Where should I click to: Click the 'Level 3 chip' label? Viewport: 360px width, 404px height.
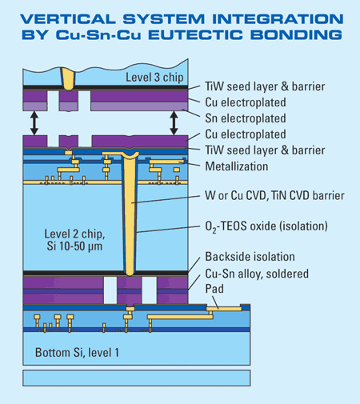point(154,78)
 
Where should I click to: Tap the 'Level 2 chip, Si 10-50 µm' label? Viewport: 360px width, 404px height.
point(74,240)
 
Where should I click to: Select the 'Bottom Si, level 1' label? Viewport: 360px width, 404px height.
point(77,353)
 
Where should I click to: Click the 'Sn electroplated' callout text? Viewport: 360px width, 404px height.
point(246,118)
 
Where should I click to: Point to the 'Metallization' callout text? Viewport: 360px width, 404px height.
point(237,166)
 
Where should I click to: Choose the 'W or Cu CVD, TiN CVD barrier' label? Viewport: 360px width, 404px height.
point(274,195)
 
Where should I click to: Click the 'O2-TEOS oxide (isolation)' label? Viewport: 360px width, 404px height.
point(266,226)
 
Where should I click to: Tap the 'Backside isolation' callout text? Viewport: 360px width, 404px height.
point(250,257)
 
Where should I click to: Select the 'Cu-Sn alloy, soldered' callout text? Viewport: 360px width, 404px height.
point(257,274)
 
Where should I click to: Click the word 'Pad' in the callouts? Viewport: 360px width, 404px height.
point(214,289)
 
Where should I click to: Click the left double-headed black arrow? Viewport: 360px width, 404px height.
point(34,123)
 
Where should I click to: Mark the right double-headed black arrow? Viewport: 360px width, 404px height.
point(174,123)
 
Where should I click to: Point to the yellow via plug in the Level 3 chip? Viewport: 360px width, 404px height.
point(68,78)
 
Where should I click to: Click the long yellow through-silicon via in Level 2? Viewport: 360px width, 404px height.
point(130,214)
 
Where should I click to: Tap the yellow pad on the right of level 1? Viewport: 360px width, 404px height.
point(224,309)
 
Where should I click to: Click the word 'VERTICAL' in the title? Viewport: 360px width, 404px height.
point(68,19)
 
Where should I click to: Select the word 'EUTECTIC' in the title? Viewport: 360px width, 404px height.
point(195,35)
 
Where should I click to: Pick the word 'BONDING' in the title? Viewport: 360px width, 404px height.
point(296,35)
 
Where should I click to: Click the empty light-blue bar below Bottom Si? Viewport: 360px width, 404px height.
point(137,378)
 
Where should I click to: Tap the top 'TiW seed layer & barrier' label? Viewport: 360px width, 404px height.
point(265,86)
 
